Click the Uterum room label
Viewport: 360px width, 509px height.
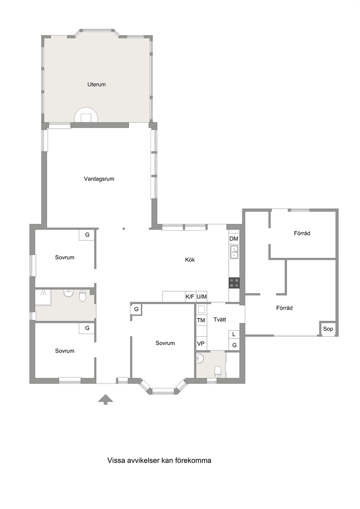97,85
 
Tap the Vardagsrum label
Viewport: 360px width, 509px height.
99,179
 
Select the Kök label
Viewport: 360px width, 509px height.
190,260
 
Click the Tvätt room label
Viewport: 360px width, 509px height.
220,320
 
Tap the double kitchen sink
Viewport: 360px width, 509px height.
234,252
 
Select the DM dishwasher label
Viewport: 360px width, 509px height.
234,239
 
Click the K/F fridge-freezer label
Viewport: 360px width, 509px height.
190,297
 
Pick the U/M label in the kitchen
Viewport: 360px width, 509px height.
201,297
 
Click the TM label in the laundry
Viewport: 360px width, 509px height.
201,320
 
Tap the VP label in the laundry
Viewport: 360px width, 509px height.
201,344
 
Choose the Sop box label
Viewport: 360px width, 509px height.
328,329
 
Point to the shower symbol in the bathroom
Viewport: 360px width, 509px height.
43,292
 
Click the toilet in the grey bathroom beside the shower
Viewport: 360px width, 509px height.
82,296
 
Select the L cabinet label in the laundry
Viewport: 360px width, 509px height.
234,334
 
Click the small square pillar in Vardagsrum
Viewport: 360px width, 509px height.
124,229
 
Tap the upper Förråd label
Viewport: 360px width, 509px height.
302,233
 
